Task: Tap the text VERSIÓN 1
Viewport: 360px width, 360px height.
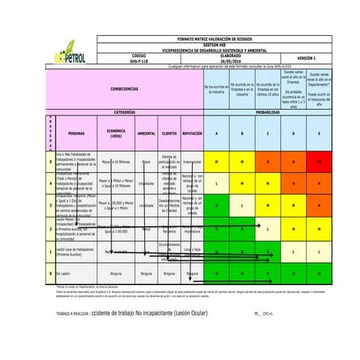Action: [x=306, y=57]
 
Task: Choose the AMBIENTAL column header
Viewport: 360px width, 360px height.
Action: [x=147, y=133]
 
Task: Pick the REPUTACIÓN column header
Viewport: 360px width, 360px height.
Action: [x=192, y=133]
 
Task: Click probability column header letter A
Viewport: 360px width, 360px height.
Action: [x=216, y=133]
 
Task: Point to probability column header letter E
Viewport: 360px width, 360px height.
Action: [x=319, y=133]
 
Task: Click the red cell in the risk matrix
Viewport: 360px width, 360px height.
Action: [x=319, y=162]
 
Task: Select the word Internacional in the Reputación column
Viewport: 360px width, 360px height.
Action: [x=192, y=162]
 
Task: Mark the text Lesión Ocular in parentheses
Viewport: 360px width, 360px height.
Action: [x=184, y=314]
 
